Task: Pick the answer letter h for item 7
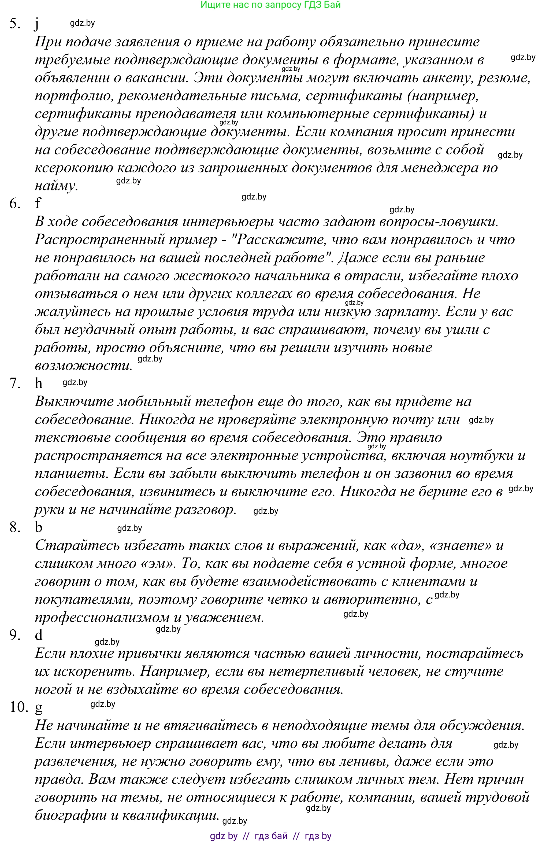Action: pyautogui.click(x=38, y=383)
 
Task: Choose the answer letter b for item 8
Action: pyautogui.click(x=38, y=527)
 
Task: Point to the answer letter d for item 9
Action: pyautogui.click(x=38, y=635)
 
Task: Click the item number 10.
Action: pyautogui.click(x=18, y=707)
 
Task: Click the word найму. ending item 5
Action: pyautogui.click(x=56, y=186)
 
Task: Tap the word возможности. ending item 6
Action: pyautogui.click(x=83, y=366)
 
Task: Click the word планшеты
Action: pyautogui.click(x=72, y=474)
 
